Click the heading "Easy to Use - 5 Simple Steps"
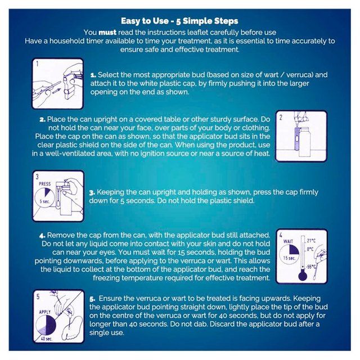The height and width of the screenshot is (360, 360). pyautogui.click(x=179, y=21)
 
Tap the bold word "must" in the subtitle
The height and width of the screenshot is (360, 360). pyautogui.click(x=107, y=33)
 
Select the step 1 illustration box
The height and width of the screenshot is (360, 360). pyautogui.click(x=57, y=84)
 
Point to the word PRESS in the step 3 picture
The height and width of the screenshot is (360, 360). pyautogui.click(x=45, y=184)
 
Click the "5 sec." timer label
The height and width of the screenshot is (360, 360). pyautogui.click(x=44, y=201)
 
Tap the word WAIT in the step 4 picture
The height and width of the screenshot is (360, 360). pyautogui.click(x=288, y=241)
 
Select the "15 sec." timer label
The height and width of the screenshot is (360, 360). pyautogui.click(x=289, y=258)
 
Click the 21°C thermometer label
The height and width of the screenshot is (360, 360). pyautogui.click(x=311, y=241)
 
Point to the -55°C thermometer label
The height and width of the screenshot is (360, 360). pyautogui.click(x=311, y=267)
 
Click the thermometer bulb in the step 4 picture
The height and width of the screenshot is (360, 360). pyautogui.click(x=303, y=276)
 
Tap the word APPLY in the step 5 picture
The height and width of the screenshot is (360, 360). pyautogui.click(x=45, y=312)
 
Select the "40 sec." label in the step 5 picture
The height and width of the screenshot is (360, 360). pyautogui.click(x=47, y=339)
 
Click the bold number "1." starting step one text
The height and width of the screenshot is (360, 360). pyautogui.click(x=93, y=75)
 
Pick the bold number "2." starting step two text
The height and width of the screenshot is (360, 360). pyautogui.click(x=42, y=120)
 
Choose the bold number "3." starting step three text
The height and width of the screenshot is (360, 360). pyautogui.click(x=92, y=192)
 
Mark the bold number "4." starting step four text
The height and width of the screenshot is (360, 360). pyautogui.click(x=42, y=236)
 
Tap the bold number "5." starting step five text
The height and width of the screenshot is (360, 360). pyautogui.click(x=92, y=299)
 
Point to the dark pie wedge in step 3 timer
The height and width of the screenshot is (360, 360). pyautogui.click(x=47, y=191)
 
